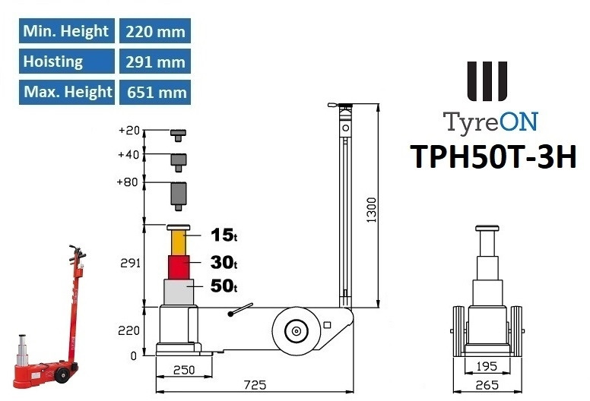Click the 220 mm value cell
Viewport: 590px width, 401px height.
155,31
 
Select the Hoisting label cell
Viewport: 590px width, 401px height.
67,62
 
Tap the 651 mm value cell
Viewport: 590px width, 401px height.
155,92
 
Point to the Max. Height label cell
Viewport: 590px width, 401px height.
67,92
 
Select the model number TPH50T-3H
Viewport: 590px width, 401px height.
493,156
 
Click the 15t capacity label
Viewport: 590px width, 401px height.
224,235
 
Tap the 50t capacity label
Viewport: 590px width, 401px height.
224,286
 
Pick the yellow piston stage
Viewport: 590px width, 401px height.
179,243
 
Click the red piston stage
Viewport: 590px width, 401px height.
179,267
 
